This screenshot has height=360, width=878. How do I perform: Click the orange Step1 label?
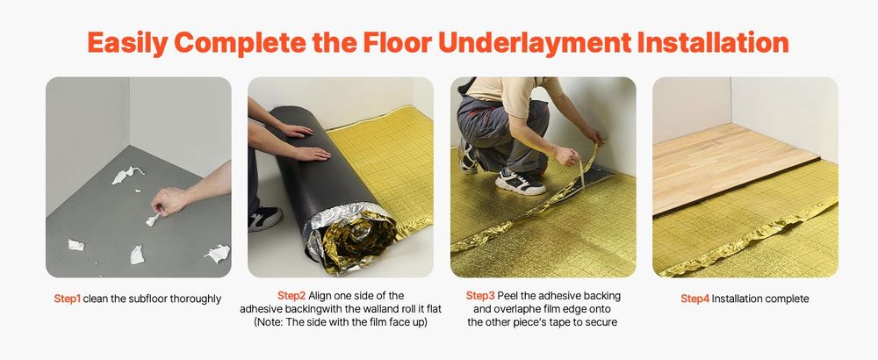(68, 299)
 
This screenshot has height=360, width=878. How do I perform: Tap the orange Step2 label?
(291, 296)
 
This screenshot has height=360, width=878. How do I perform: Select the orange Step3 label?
(480, 296)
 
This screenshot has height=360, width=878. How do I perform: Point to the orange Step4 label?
(694, 299)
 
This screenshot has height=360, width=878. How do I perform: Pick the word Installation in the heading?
(713, 43)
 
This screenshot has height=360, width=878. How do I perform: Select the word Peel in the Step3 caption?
(507, 296)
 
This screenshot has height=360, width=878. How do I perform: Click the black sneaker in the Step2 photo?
(264, 219)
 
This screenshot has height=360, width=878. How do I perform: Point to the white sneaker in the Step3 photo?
(519, 181)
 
